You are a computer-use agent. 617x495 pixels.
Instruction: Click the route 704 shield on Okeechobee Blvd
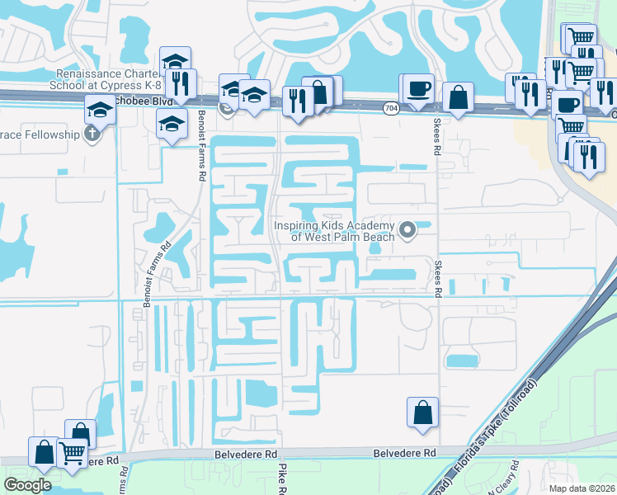(x=391, y=107)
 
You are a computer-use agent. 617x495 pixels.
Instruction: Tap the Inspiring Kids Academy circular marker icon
(x=406, y=229)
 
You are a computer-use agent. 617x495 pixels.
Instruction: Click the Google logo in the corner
(x=27, y=485)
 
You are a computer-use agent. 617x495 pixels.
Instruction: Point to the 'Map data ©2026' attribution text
(x=582, y=488)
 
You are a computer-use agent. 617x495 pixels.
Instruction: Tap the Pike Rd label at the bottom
(x=281, y=478)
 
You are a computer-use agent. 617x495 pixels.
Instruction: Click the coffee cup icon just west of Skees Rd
(x=419, y=88)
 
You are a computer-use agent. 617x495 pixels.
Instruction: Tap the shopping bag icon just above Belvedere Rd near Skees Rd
(x=422, y=412)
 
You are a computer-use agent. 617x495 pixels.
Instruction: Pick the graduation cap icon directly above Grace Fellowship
(x=100, y=109)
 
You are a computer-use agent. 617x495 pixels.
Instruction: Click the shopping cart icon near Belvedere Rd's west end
(x=73, y=452)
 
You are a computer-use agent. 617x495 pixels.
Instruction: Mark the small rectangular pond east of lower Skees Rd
(x=461, y=361)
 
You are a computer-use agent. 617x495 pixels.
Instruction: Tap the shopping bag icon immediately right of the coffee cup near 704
(x=457, y=97)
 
